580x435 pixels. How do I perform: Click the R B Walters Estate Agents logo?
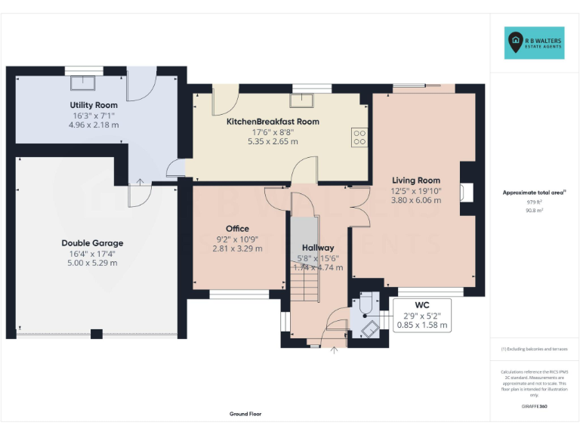[534, 42]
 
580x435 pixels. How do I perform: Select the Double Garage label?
[92, 243]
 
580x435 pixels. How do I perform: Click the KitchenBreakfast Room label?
[273, 122]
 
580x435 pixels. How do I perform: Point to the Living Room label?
[415, 180]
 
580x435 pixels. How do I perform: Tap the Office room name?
[237, 229]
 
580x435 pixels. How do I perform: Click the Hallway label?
[318, 248]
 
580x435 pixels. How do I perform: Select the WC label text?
[422, 305]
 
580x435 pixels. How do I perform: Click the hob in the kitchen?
[359, 137]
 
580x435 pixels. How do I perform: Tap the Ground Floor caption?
[245, 414]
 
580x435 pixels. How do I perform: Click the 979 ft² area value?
[534, 202]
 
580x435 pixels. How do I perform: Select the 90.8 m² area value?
[534, 211]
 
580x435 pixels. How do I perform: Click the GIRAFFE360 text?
[534, 407]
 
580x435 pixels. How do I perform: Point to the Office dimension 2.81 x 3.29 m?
[237, 248]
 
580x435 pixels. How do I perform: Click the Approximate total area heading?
[533, 193]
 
